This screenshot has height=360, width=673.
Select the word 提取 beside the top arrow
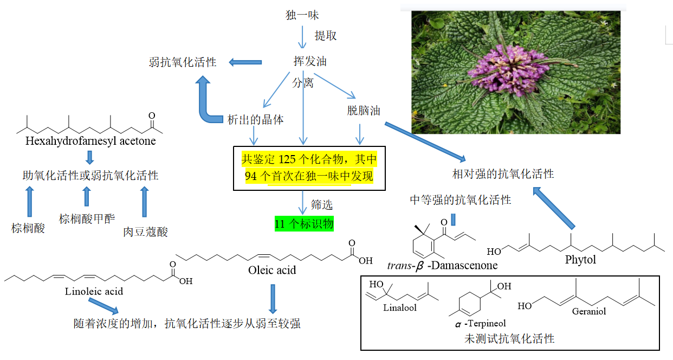[326, 36]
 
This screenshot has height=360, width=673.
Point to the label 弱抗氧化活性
[183, 62]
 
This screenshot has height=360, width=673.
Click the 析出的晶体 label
[255, 119]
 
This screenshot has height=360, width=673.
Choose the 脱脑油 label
[363, 111]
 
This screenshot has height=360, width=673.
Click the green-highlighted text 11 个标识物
[304, 224]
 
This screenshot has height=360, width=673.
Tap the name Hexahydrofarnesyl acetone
[90, 141]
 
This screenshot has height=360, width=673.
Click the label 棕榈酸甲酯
[87, 218]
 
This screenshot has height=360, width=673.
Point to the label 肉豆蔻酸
[145, 232]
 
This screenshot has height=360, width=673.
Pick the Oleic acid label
[272, 269]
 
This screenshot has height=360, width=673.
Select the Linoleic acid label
[94, 291]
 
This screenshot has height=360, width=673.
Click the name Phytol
[580, 259]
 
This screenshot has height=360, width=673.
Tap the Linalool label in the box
[400, 308]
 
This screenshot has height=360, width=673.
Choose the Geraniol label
[588, 311]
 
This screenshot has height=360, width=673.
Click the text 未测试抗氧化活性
[509, 339]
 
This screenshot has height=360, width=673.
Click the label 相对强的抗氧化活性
[503, 174]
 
